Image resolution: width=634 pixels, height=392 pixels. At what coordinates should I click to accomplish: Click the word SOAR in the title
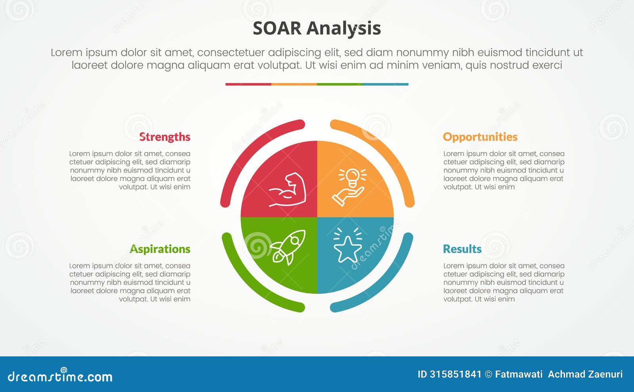pyautogui.click(x=277, y=29)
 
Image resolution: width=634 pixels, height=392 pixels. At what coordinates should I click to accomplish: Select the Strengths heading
pyautogui.click(x=165, y=137)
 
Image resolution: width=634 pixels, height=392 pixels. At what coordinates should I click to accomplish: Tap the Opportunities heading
pyautogui.click(x=480, y=137)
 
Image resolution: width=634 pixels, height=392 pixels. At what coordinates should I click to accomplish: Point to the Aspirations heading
pyautogui.click(x=160, y=249)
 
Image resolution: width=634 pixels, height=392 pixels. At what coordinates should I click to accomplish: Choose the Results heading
pyautogui.click(x=462, y=249)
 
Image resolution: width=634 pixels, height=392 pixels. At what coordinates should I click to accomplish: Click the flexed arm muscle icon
pyautogui.click(x=287, y=189)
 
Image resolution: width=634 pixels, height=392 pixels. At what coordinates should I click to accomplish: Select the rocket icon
pyautogui.click(x=288, y=247)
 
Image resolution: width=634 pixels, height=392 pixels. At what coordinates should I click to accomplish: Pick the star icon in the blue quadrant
pyautogui.click(x=348, y=245)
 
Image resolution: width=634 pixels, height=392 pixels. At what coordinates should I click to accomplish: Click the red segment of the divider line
pyautogui.click(x=248, y=84)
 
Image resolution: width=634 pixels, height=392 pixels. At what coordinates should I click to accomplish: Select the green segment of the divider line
pyautogui.click(x=340, y=84)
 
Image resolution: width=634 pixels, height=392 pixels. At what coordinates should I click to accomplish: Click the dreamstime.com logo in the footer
pyautogui.click(x=60, y=375)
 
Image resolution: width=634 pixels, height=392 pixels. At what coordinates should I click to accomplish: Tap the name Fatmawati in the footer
pyautogui.click(x=519, y=375)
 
